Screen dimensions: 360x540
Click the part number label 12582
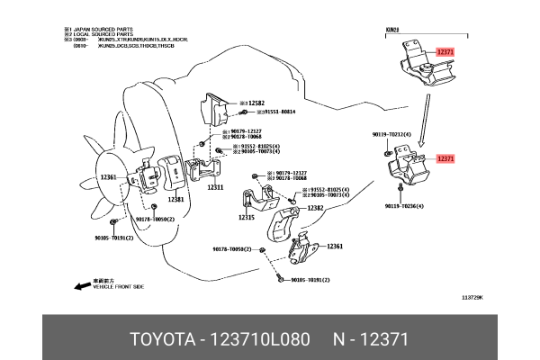pos(256,104)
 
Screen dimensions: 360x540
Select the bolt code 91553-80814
pos(276,112)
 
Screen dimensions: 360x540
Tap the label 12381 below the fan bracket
pos(175,199)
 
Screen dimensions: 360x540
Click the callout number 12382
pos(315,207)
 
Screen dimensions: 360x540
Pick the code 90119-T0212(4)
pos(391,134)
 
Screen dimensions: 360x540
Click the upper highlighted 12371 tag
pos(446,52)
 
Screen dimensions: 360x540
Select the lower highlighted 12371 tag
pos(446,158)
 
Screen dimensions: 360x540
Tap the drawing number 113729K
pos(472,297)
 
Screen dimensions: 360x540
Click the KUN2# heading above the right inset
pos(391,30)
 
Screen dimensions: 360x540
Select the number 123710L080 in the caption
pos(260,339)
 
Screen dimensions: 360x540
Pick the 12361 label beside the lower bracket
pos(334,246)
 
